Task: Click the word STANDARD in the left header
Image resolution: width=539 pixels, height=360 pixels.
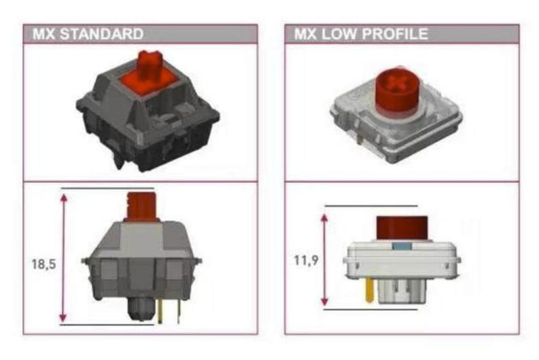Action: pos(102,34)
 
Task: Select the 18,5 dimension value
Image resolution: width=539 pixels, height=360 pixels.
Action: pos(44,264)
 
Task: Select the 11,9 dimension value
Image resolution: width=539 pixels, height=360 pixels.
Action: pos(307,260)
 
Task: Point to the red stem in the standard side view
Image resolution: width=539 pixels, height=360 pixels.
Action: pos(141,206)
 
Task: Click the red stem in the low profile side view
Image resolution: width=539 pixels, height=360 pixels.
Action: pos(402,228)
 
